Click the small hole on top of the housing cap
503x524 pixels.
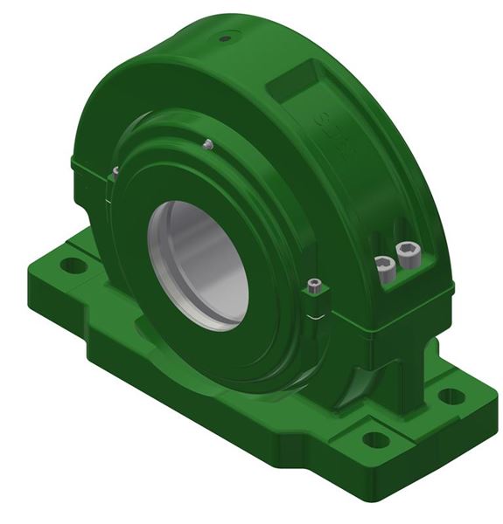[226, 38]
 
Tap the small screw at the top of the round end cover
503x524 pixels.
[208, 143]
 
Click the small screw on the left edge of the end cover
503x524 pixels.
[115, 172]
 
